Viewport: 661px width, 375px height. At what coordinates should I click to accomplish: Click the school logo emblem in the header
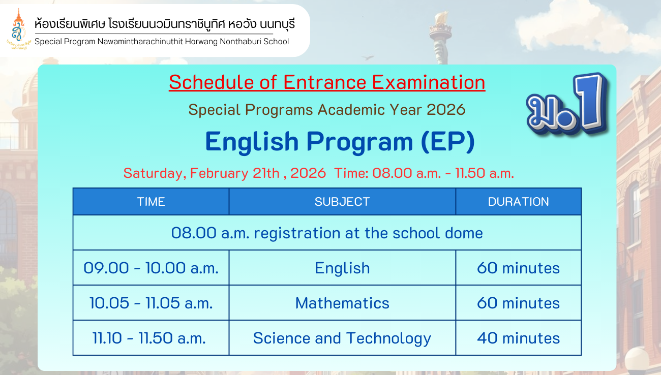(x=19, y=29)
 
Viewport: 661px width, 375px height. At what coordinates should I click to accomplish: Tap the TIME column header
(x=151, y=202)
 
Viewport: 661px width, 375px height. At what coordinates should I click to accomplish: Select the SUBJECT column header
(x=342, y=202)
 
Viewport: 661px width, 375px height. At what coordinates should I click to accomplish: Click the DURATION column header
(x=519, y=202)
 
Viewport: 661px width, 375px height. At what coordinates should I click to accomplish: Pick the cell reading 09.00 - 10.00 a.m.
(x=151, y=268)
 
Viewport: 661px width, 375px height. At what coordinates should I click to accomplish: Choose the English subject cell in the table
(x=342, y=268)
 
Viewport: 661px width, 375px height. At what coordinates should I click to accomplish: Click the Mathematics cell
(x=342, y=303)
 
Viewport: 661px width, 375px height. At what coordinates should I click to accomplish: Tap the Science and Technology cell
(x=342, y=338)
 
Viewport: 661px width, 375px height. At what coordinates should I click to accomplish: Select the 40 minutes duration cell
(x=519, y=338)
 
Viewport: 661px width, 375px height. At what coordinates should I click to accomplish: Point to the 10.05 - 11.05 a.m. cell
(x=151, y=303)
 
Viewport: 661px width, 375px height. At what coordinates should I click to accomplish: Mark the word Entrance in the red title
(x=324, y=82)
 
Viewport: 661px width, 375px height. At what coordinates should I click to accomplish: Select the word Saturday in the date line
(x=155, y=173)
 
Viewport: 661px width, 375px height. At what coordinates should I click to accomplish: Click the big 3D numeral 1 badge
(x=589, y=102)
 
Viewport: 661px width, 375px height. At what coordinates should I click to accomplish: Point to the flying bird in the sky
(x=368, y=57)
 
